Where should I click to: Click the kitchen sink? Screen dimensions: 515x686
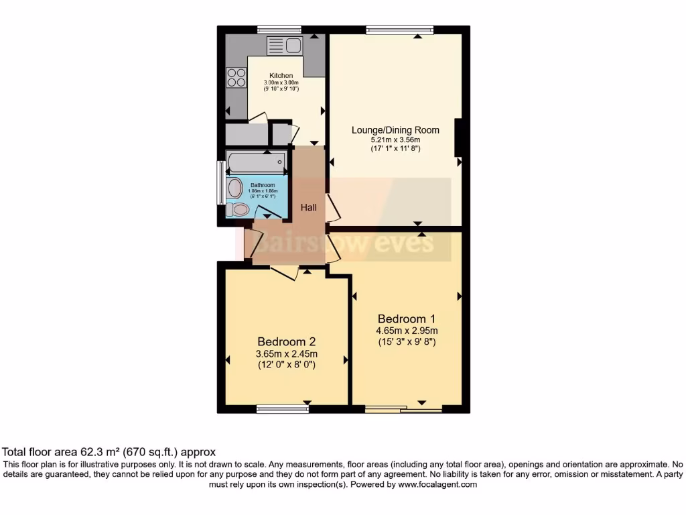tap(285, 46)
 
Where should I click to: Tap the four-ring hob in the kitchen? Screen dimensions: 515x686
tap(236, 78)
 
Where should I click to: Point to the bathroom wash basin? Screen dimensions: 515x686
tap(234, 188)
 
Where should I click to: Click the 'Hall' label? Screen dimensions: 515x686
tap(308, 208)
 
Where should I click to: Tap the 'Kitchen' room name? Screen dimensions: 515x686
tap(281, 75)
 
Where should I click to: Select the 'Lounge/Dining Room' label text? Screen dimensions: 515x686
tap(395, 130)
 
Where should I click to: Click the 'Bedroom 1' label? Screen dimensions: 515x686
tap(406, 319)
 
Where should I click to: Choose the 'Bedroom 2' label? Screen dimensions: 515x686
tap(287, 341)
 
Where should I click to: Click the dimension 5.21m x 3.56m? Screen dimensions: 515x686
tap(395, 139)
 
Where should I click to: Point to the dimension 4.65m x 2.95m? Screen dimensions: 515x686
tap(406, 331)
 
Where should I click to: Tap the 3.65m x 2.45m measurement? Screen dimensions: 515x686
tap(287, 354)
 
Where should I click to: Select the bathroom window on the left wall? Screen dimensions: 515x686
tap(220, 182)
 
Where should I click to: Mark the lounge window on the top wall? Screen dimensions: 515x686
tap(399, 30)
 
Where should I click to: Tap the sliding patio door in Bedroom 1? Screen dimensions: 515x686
tap(403, 408)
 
